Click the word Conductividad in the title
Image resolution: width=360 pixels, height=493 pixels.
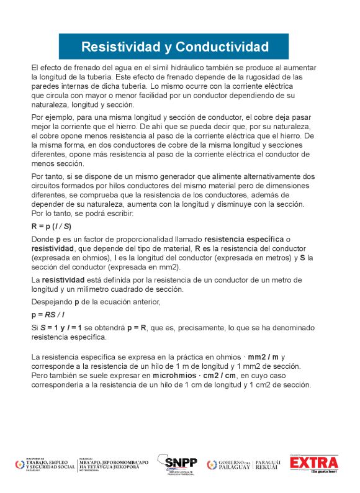[222, 47]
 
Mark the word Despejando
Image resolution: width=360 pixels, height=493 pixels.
[52, 302]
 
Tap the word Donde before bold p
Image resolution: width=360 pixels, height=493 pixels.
[42, 239]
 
